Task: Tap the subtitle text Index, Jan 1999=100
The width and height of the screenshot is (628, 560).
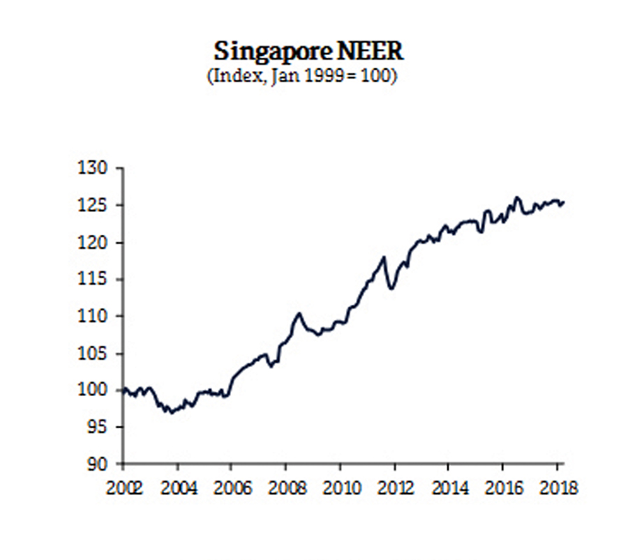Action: tap(301, 75)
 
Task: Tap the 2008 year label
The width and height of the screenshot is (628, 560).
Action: tap(285, 487)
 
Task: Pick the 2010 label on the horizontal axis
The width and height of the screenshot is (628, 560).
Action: tap(340, 487)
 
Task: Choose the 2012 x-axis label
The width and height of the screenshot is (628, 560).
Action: tap(394, 487)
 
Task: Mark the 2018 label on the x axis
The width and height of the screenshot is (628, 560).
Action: tap(557, 487)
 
